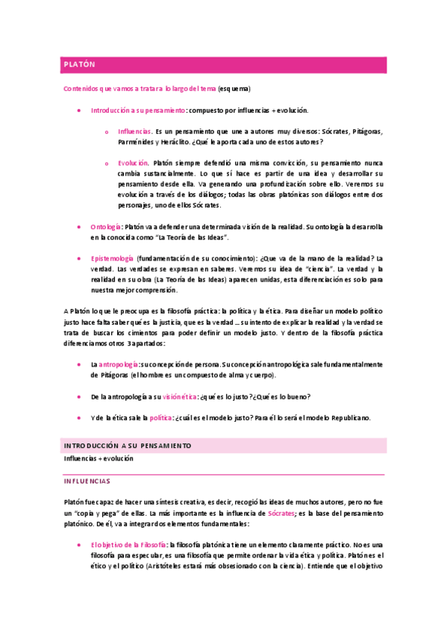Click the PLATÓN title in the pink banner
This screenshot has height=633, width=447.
click(79, 65)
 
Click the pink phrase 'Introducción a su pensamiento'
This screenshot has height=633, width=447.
click(138, 110)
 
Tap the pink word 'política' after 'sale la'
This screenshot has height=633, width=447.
click(160, 417)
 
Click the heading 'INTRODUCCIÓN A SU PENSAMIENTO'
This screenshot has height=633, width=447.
click(127, 446)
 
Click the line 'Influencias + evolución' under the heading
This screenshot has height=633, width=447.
click(98, 458)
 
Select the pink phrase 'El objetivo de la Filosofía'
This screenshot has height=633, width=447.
click(128, 545)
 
